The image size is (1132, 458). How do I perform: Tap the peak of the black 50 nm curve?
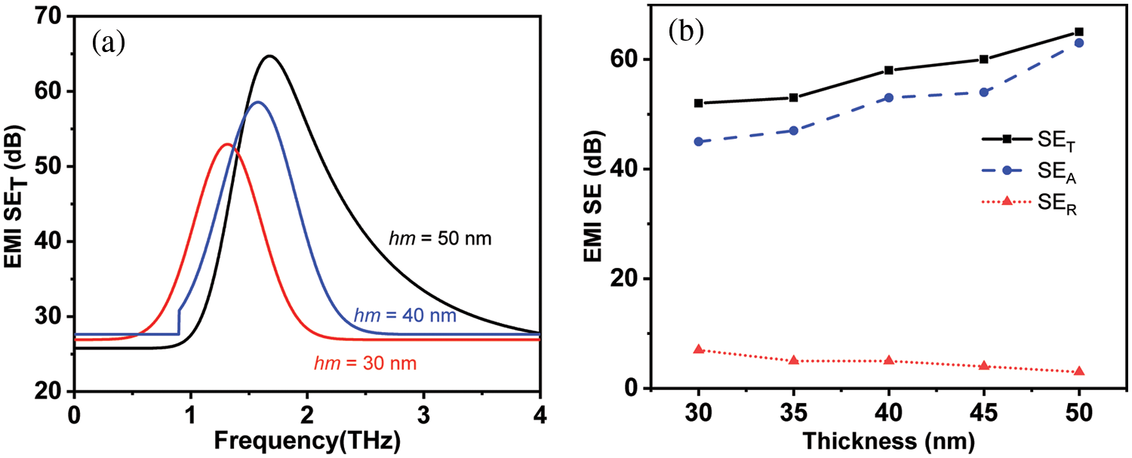click(269, 56)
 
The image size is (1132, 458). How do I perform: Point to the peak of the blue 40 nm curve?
click(257, 102)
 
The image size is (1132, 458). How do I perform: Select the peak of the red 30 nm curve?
click(228, 144)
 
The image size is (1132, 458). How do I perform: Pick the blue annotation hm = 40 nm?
click(405, 315)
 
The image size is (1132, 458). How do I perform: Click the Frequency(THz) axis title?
click(306, 440)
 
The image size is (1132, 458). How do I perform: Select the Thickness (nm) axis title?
click(889, 440)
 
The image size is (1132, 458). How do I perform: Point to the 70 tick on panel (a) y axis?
click(50, 17)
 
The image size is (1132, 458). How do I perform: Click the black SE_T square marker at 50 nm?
click(1079, 32)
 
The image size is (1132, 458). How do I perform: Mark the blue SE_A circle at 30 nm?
click(699, 141)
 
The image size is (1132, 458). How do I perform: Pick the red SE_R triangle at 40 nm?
click(889, 361)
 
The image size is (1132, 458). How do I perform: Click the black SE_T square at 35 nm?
click(794, 97)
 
